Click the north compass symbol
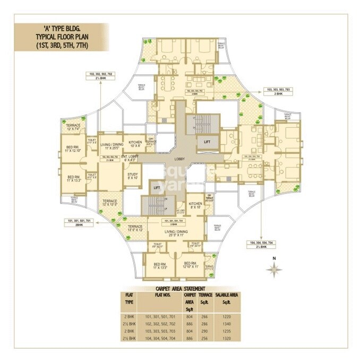click(x=274, y=268)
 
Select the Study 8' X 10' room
click(x=133, y=175)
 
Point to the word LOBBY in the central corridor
click(x=178, y=159)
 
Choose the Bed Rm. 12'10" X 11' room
click(x=190, y=265)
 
